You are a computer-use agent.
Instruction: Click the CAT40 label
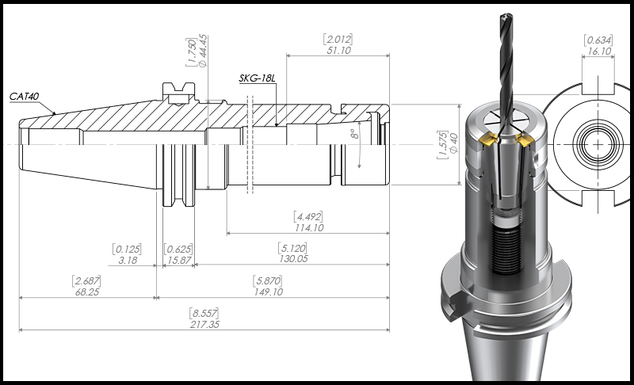click(25, 97)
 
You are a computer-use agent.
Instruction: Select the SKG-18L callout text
click(257, 78)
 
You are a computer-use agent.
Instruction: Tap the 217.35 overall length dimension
click(204, 325)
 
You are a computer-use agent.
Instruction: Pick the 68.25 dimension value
click(87, 292)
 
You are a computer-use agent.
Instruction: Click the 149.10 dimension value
click(268, 292)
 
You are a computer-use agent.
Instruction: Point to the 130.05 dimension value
click(293, 258)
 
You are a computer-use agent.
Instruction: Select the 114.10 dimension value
click(309, 228)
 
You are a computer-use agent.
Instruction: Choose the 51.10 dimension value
click(338, 51)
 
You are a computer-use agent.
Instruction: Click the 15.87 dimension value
click(179, 260)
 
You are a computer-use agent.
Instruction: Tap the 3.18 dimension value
click(128, 260)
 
